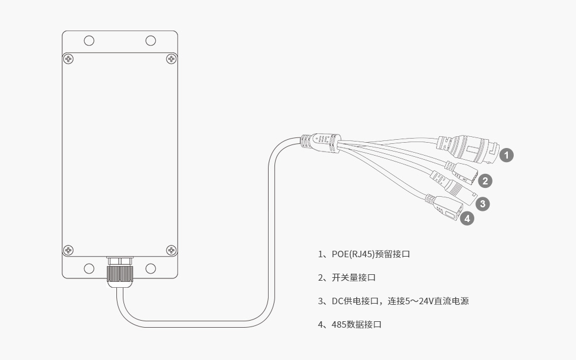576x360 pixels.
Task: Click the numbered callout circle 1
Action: [507, 155]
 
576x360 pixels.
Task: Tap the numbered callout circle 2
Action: [485, 181]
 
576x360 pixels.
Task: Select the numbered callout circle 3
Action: [482, 204]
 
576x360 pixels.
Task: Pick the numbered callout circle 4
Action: [467, 218]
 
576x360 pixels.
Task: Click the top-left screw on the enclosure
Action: [69, 59]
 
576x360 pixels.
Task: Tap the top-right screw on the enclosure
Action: [171, 59]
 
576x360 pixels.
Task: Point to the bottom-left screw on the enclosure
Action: [69, 250]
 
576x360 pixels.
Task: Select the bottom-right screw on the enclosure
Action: [171, 250]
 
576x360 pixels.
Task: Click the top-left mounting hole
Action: [89, 41]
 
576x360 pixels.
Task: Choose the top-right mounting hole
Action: [150, 41]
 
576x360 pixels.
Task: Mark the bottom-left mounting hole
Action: [89, 268]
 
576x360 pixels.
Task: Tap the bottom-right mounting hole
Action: [150, 268]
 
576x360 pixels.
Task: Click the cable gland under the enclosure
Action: [119, 272]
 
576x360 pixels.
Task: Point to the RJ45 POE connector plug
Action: [470, 149]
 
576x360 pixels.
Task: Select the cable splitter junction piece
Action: [320, 142]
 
